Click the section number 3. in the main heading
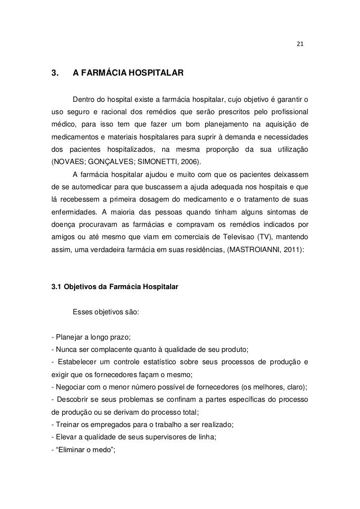pyautogui.click(x=55, y=74)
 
